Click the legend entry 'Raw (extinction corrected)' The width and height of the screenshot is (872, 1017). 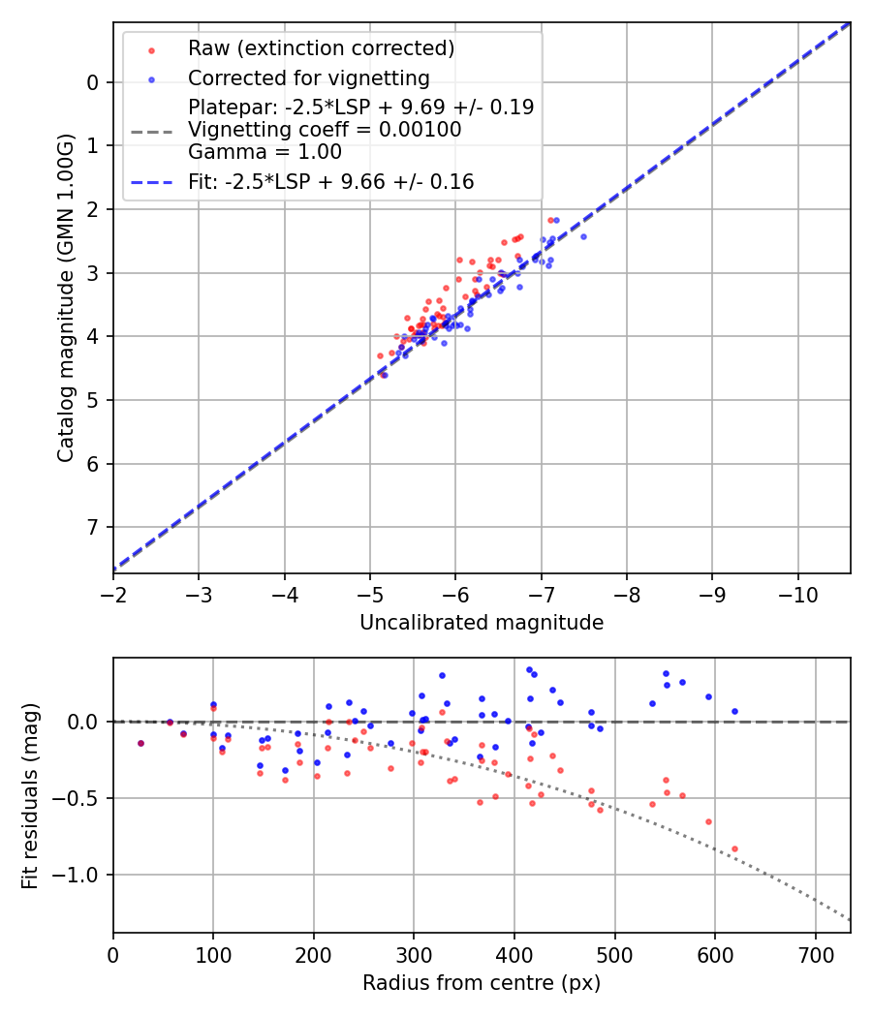(x=321, y=48)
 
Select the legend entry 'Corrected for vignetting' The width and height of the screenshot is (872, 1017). (x=308, y=77)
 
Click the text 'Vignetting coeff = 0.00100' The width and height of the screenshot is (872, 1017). (x=325, y=129)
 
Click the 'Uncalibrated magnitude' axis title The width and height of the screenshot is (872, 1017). (x=482, y=623)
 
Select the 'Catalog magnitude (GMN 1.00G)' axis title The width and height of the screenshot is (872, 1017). (x=65, y=299)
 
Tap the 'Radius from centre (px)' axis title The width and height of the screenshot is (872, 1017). (x=482, y=983)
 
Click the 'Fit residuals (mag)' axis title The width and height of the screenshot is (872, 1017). (x=30, y=795)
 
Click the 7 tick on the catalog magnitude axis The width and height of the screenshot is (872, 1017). (x=93, y=527)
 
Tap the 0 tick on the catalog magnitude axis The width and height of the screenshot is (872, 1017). (x=93, y=82)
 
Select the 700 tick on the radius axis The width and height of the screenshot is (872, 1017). (x=815, y=953)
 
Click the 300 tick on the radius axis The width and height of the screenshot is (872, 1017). (x=414, y=953)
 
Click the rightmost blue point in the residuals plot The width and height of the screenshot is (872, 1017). (x=734, y=711)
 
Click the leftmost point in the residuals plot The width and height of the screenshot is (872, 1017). (x=140, y=743)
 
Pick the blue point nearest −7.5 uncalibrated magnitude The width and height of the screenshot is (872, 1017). (x=583, y=236)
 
